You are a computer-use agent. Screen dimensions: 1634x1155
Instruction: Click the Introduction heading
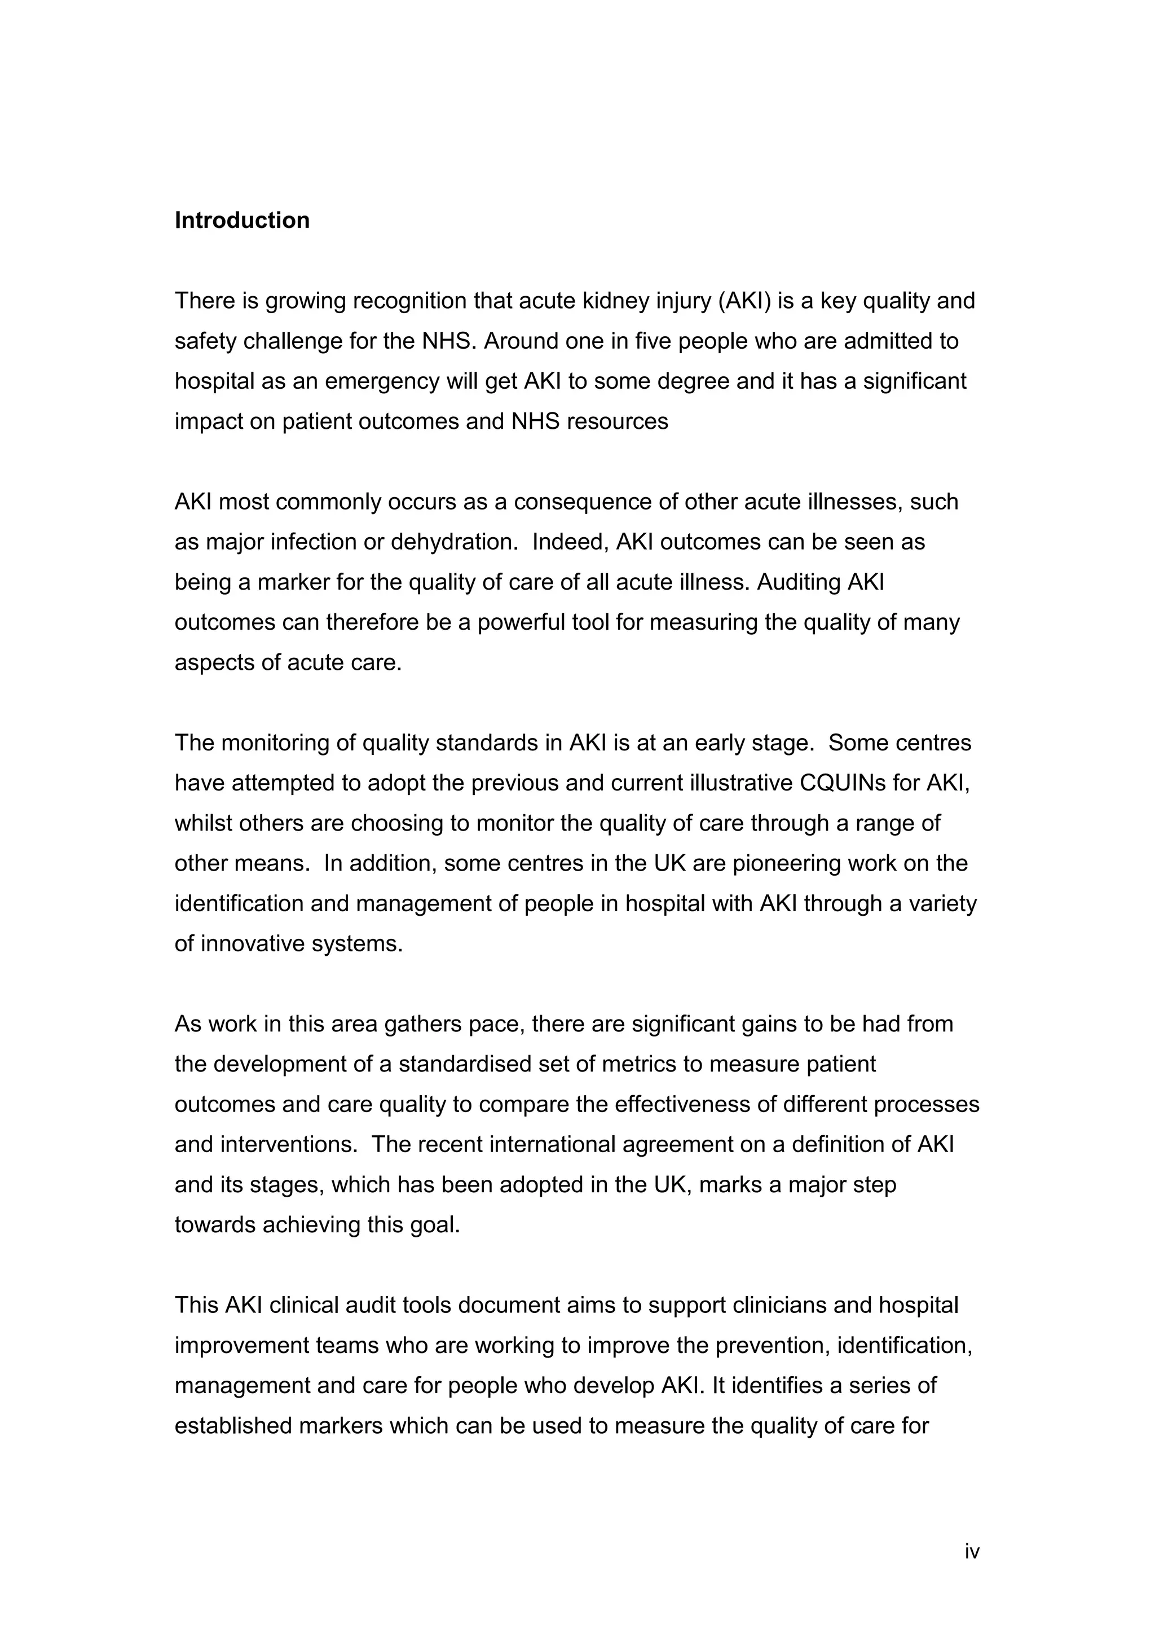coord(242,221)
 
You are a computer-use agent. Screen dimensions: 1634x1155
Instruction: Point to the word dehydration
coord(452,542)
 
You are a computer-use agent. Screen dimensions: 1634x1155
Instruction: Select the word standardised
coord(471,1065)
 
